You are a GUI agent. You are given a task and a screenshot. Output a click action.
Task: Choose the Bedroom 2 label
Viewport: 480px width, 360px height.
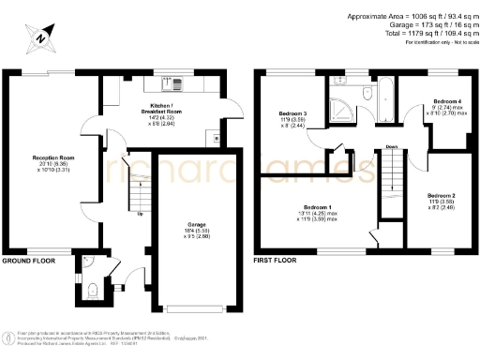[x=442, y=196]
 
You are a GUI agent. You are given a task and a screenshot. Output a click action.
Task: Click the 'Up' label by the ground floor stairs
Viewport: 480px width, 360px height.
[x=141, y=214]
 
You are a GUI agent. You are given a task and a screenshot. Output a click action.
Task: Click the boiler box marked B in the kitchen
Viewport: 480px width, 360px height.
[x=217, y=139]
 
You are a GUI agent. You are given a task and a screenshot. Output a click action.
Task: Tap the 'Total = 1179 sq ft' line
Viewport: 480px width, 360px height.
[x=411, y=32]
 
